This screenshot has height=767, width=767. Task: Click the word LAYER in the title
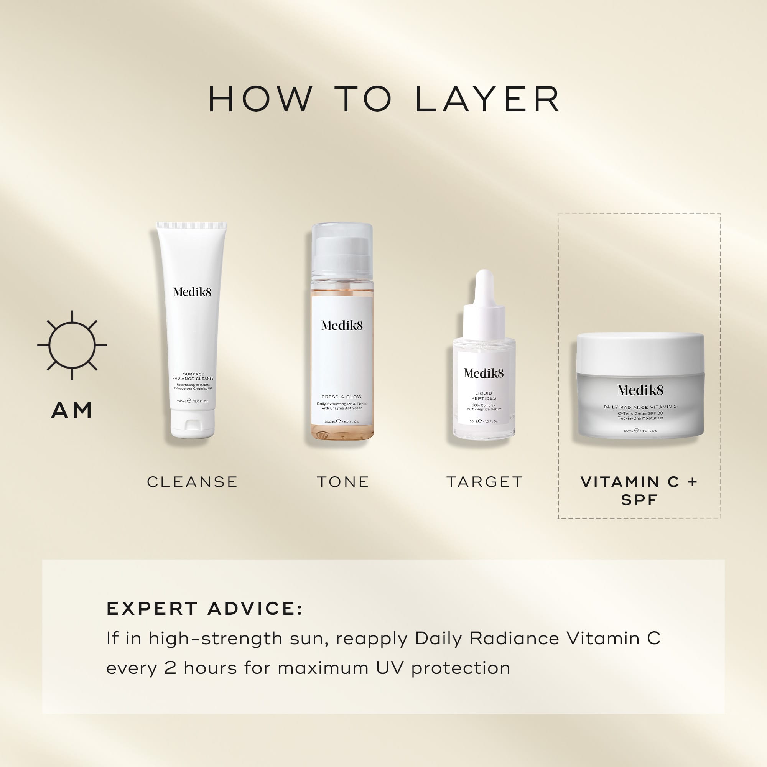(x=487, y=99)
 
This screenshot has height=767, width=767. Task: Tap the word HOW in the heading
(x=260, y=99)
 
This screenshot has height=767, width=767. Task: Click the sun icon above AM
(x=72, y=345)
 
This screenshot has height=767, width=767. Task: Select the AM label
(x=72, y=410)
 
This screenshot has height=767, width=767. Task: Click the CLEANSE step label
(x=192, y=482)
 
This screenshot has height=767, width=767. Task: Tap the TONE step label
(x=343, y=482)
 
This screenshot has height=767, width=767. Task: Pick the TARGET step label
(x=484, y=482)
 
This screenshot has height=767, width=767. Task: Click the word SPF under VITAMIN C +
(x=639, y=500)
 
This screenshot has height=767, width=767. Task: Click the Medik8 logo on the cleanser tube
(x=192, y=292)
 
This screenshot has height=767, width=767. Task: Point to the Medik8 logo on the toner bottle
(x=342, y=326)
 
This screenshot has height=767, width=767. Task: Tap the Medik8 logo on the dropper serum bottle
(x=484, y=373)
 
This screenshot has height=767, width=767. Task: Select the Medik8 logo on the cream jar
(x=640, y=390)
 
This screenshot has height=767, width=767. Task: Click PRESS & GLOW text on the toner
(x=341, y=397)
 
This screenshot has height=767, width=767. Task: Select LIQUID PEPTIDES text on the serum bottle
(x=484, y=395)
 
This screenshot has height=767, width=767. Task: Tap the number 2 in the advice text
(x=170, y=668)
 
